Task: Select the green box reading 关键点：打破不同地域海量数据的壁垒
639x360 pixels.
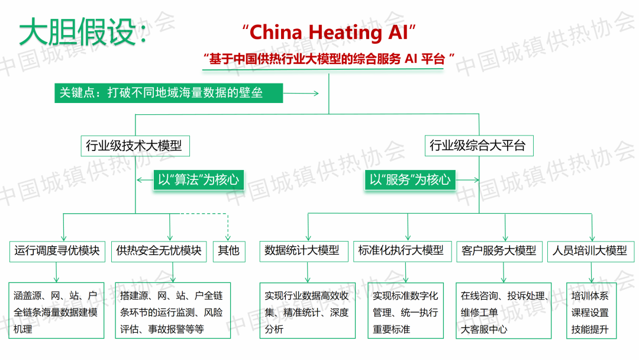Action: pos(169,93)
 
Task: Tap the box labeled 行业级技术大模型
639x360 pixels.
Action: pos(135,146)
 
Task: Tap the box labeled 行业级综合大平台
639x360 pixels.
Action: pos(478,146)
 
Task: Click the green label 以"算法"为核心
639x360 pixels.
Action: pos(199,180)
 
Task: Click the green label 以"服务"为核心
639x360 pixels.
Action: pos(411,180)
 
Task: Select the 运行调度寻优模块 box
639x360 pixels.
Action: pos(57,251)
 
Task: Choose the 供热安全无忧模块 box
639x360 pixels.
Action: pos(159,251)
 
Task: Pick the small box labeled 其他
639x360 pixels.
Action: pos(228,251)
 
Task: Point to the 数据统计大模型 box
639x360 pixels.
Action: pos(302,251)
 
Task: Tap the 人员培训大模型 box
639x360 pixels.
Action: pos(590,251)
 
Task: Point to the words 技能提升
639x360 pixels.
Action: pos(590,329)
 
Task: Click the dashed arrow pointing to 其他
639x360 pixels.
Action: pos(228,228)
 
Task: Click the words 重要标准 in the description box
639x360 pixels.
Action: pos(392,329)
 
